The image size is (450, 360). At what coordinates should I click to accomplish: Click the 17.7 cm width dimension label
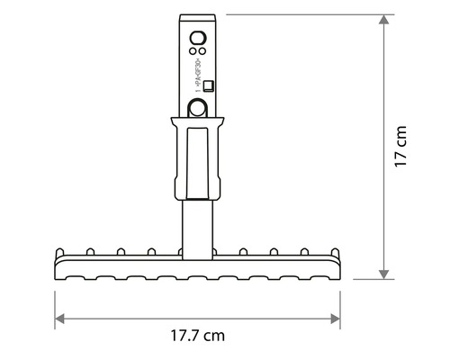click(197, 335)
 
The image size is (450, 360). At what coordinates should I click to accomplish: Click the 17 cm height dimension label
click(401, 147)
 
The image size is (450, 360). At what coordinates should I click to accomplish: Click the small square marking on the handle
click(207, 86)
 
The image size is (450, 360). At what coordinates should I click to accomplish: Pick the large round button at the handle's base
click(197, 109)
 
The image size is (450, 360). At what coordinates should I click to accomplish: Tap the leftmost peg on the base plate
click(62, 251)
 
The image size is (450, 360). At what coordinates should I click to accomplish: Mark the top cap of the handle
click(198, 18)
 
